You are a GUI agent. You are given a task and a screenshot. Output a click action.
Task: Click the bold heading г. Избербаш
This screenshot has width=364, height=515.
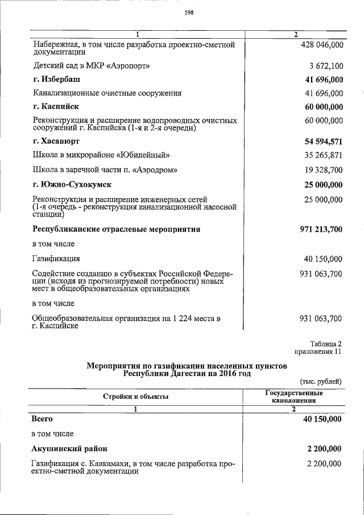coord(56,79)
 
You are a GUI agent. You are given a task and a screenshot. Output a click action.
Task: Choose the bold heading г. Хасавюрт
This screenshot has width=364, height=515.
coord(56,140)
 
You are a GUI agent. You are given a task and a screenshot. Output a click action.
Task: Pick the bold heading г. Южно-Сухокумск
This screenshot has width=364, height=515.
coord(72,184)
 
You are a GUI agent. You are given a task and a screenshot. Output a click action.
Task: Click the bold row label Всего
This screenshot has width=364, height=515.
coord(43,419)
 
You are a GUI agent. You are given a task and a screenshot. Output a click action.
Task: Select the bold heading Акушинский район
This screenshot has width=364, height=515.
coord(69,448)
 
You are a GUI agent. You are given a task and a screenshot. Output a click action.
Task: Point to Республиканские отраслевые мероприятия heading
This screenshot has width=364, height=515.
coord(117,229)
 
